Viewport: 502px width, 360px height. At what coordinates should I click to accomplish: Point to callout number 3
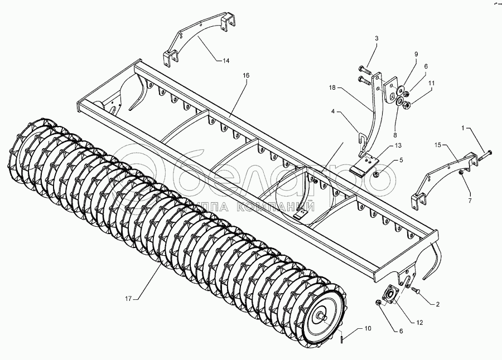[x=376, y=38]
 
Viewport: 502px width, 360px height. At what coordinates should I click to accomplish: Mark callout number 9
[x=416, y=54]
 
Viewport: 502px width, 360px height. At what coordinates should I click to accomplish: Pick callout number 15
[x=438, y=145]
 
